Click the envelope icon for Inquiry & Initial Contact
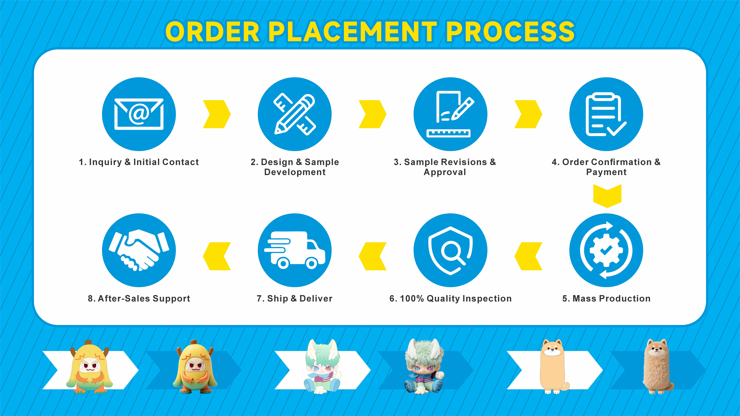[x=139, y=114]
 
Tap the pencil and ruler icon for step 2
[x=294, y=114]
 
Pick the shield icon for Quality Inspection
[x=450, y=250]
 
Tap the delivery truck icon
[x=294, y=250]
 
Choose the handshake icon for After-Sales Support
[x=139, y=250]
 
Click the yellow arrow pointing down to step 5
[x=607, y=196]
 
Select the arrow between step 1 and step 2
[x=217, y=114]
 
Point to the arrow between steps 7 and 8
[x=217, y=256]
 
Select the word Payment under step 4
[x=606, y=172]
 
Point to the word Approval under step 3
[x=445, y=172]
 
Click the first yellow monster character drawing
[x=89, y=367]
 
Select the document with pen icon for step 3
[x=450, y=114]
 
